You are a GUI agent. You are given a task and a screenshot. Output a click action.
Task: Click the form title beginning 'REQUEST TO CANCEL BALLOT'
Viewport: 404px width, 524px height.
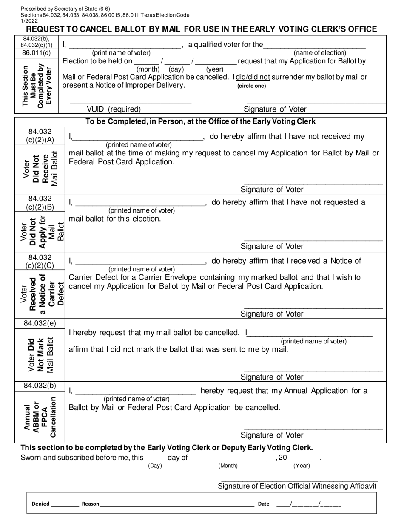[x=202, y=29]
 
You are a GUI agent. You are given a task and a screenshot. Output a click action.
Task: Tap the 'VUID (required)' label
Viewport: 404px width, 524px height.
[x=114, y=109]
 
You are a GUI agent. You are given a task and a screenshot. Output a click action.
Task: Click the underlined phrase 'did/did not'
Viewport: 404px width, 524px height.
[x=253, y=77]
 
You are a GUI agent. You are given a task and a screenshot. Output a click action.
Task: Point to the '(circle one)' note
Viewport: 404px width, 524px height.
[x=251, y=86]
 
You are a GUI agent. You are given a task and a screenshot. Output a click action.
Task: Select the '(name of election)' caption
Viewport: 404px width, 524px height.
[x=320, y=52]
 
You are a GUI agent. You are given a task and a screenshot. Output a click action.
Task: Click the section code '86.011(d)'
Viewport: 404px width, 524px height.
[x=37, y=53]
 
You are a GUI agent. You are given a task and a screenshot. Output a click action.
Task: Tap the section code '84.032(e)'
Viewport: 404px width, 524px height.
[x=40, y=323]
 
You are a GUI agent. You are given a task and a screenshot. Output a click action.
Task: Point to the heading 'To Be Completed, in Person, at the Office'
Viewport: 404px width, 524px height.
[x=201, y=121]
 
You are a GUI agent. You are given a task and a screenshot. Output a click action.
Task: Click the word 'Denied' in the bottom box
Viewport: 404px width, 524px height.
[x=40, y=504]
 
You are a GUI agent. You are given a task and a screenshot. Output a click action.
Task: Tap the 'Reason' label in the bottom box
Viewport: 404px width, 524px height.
[x=90, y=504]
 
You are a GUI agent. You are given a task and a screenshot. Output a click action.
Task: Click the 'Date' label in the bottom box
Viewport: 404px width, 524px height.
[x=263, y=504]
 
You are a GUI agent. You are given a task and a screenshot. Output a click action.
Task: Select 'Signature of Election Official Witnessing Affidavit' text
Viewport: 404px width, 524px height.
[x=297, y=486]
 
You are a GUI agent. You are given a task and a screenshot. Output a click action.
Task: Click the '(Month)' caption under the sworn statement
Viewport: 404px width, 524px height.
[x=228, y=466]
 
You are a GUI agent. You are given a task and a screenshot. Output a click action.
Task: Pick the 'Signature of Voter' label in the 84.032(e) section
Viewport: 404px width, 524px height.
[x=272, y=377]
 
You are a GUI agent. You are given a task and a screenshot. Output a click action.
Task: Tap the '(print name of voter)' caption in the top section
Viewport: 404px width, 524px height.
[x=121, y=52]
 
